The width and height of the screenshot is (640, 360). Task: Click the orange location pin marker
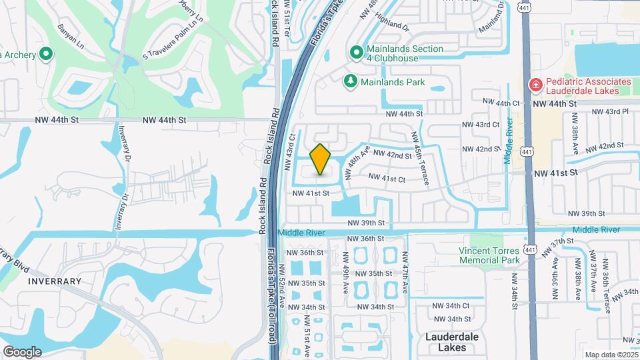(321, 159)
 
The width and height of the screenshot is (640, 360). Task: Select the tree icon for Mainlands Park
(349, 81)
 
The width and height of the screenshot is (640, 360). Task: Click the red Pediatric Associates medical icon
(535, 85)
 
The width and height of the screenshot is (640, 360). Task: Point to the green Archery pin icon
(46, 54)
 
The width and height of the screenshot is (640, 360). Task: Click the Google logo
(22, 351)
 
